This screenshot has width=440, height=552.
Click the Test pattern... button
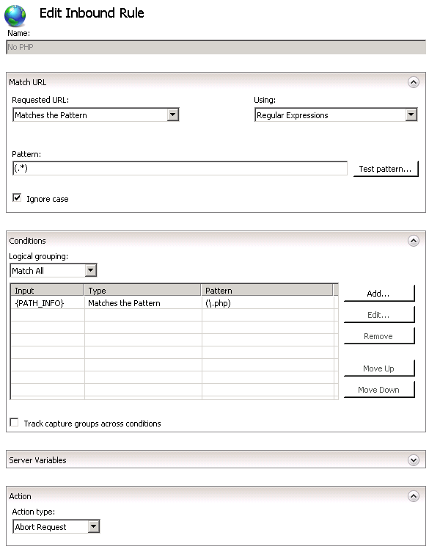click(385, 169)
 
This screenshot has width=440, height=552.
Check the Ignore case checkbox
click(17, 198)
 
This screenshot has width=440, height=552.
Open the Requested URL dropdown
click(96, 115)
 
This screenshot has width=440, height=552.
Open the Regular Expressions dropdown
click(336, 115)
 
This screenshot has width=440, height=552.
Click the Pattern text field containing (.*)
click(179, 169)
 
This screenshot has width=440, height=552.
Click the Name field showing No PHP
click(216, 47)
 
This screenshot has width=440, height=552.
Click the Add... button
click(378, 294)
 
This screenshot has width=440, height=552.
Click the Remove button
click(378, 336)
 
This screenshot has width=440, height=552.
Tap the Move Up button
click(378, 368)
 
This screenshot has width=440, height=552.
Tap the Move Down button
click(378, 390)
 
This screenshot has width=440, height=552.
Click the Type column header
click(143, 291)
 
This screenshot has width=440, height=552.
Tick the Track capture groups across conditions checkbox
click(14, 423)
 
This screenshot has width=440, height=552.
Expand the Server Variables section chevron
click(414, 460)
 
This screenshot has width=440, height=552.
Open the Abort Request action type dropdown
click(56, 527)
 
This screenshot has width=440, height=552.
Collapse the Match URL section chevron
click(414, 82)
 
